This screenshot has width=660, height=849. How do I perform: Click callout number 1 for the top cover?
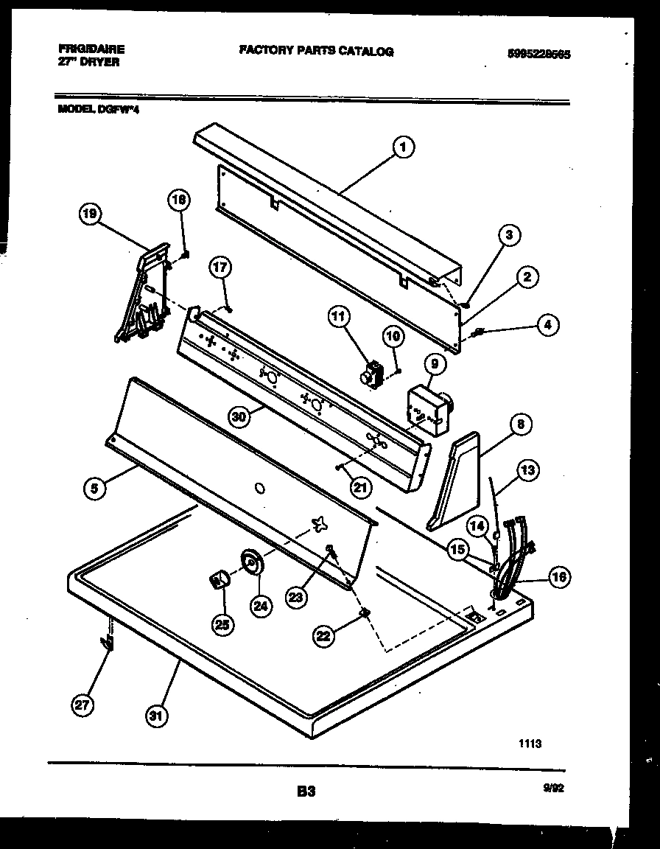[402, 148]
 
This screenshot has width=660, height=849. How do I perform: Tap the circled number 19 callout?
[89, 214]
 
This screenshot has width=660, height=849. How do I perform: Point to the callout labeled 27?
[82, 706]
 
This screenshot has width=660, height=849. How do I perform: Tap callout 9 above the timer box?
[434, 363]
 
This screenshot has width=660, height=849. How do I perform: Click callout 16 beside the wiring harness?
[559, 577]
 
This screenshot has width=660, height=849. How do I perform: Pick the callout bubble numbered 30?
[237, 417]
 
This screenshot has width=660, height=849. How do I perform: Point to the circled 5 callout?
[94, 487]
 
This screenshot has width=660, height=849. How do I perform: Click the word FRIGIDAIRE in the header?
[91, 49]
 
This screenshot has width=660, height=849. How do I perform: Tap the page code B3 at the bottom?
[306, 792]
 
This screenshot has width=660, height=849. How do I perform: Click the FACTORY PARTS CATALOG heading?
[316, 51]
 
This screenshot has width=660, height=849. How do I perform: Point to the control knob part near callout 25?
[219, 579]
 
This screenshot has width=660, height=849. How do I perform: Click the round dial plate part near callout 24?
[251, 564]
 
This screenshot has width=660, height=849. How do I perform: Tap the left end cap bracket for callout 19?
[144, 295]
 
